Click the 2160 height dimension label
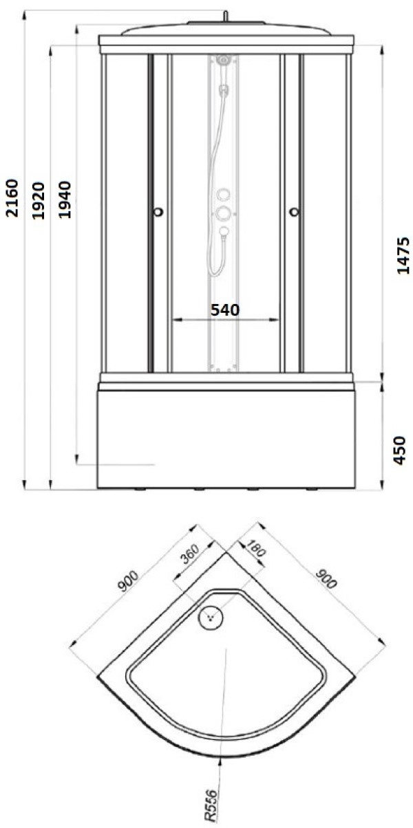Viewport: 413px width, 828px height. click(x=12, y=198)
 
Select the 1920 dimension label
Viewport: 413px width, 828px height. click(x=38, y=201)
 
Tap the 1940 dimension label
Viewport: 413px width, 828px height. click(x=65, y=199)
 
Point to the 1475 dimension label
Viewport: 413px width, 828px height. click(x=403, y=256)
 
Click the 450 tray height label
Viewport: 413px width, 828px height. click(x=400, y=450)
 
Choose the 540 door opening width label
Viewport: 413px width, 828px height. click(x=225, y=309)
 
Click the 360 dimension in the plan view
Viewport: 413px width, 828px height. click(x=191, y=554)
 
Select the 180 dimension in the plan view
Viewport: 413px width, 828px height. click(x=255, y=548)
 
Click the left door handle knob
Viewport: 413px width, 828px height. click(x=158, y=212)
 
